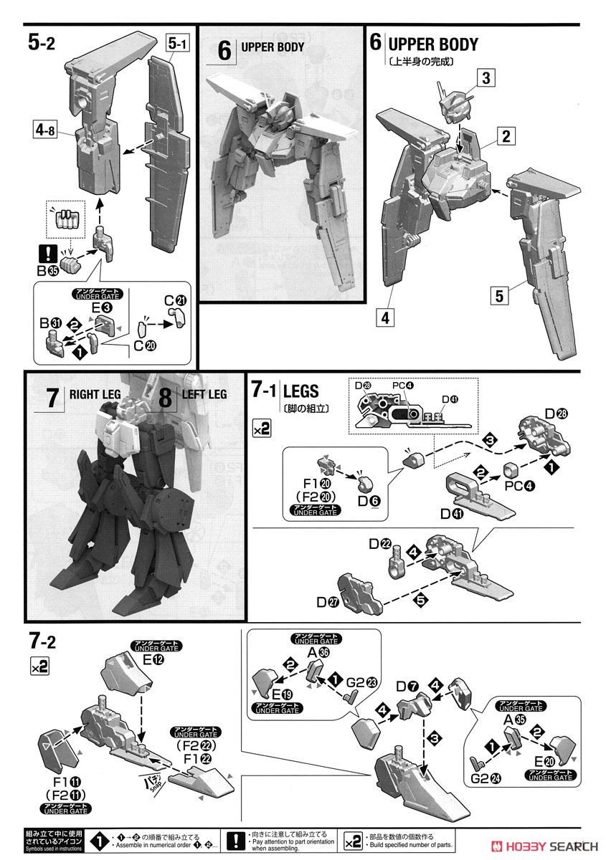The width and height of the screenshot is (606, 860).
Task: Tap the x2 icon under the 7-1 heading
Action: (261, 429)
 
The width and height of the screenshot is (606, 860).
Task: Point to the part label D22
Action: (379, 545)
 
